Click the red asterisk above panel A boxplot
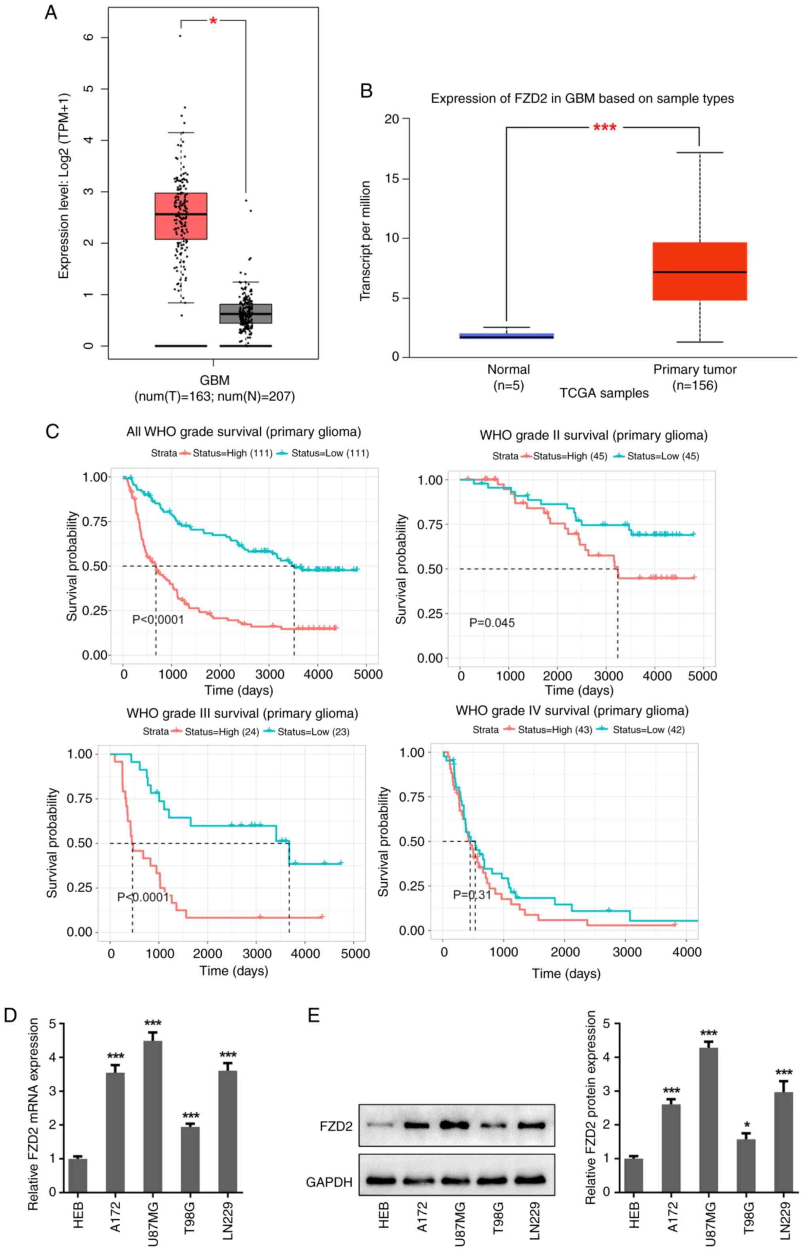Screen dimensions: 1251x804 coord(213,21)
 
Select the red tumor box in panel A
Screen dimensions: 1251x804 coord(181,216)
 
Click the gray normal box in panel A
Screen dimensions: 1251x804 coord(245,314)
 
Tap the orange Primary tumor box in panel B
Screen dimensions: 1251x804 coord(700,271)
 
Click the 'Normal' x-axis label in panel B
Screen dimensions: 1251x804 coord(508,369)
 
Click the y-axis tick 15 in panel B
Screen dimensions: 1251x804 coord(392,178)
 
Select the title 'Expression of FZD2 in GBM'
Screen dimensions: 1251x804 coord(582,98)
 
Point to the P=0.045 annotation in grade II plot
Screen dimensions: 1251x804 coord(492,623)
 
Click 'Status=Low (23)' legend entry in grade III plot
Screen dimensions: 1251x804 coord(313,732)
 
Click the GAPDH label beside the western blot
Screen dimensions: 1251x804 coord(329,1182)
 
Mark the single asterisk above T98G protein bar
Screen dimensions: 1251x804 coord(747,1122)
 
